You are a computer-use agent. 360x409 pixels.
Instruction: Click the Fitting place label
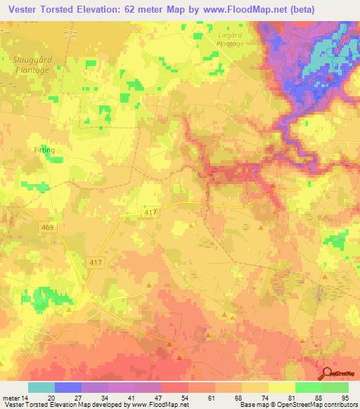pos(44,150)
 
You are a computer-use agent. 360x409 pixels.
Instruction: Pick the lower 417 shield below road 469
pos(98,261)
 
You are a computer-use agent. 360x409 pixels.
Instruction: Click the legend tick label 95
pos(345,397)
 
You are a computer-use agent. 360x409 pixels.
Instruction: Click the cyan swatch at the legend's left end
pos(41,387)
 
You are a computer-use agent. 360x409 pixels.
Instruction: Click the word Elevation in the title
pos(97,8)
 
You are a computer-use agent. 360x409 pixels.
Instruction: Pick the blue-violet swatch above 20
pos(68,387)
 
